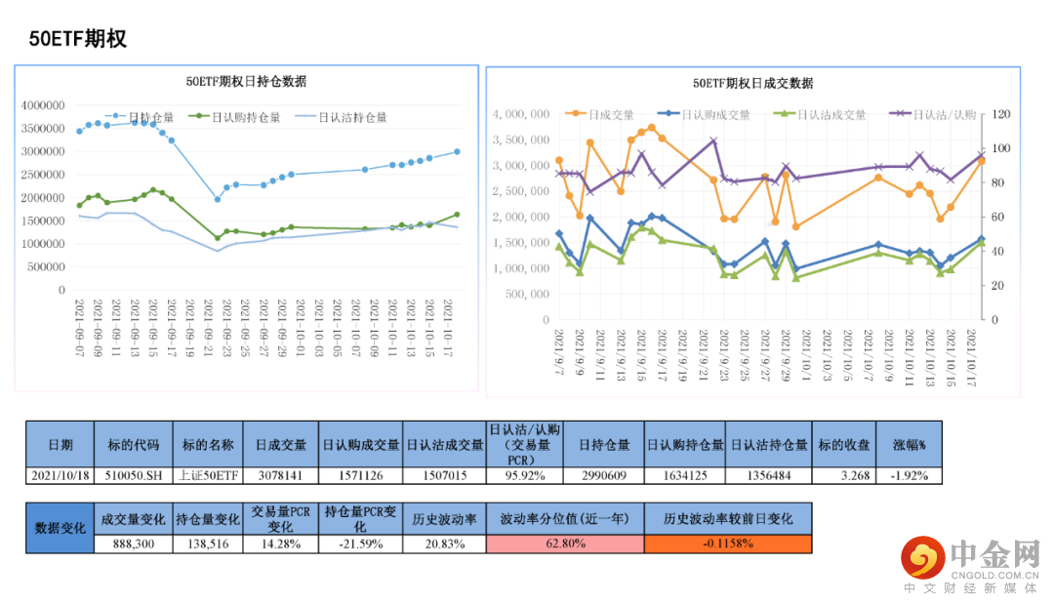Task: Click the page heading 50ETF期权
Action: (x=77, y=39)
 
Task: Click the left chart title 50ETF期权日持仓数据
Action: (x=246, y=82)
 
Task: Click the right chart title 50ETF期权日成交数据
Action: (x=752, y=83)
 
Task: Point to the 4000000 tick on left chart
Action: (x=43, y=105)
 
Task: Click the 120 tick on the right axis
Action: (x=1001, y=114)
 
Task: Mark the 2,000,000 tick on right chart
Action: (x=523, y=217)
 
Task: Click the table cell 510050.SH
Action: (x=133, y=476)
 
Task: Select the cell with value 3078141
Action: (x=281, y=476)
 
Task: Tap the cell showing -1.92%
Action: (x=909, y=476)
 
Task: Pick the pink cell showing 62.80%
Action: (x=565, y=544)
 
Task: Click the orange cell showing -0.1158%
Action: (x=727, y=544)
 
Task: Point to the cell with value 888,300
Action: (x=133, y=544)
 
